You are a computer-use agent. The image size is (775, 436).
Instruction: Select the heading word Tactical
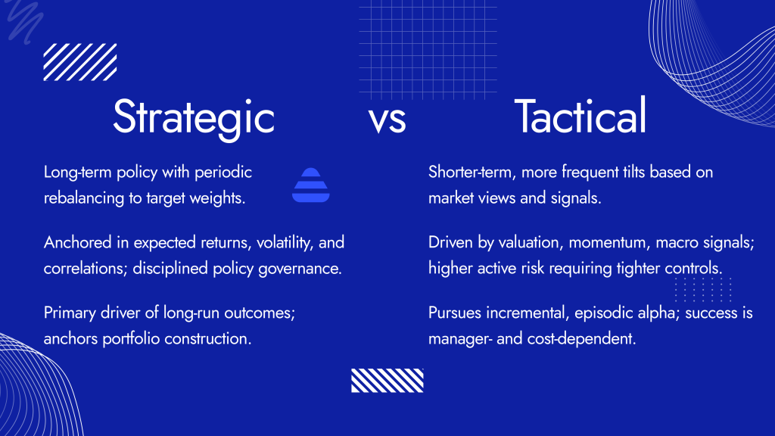point(580,117)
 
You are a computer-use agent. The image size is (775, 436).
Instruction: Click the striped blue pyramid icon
point(308,185)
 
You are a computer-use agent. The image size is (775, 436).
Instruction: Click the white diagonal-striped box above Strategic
point(80,62)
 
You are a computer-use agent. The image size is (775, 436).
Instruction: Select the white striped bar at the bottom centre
point(387,380)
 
